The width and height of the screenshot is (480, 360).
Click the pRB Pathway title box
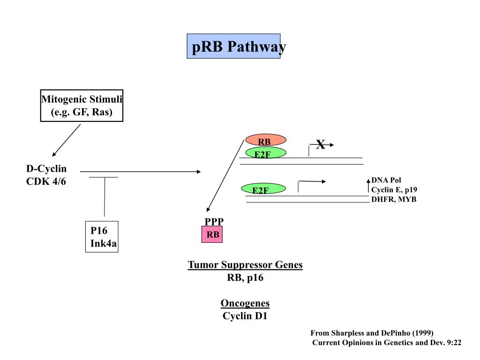pos(233,46)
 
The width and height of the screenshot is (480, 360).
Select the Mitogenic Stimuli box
pos(82,105)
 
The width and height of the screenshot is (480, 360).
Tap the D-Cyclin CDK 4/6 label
pos(46,175)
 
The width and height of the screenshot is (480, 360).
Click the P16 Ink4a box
pos(102,237)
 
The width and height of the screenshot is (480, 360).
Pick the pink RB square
pos(212,234)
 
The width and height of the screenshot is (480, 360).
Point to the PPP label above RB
pos(214,221)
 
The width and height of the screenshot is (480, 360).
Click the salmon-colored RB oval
pos(266,140)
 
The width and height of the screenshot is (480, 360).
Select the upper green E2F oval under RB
pos(266,152)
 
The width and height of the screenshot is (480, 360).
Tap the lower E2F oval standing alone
pos(263,188)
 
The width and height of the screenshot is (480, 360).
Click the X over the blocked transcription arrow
pos(321,144)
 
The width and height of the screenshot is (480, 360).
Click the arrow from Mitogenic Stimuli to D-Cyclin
pos(67,140)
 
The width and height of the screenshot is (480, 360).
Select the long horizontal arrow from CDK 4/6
pos(141,172)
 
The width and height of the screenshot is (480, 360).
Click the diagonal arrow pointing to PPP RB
pos(225,176)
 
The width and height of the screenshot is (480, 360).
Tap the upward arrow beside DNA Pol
pos(368,186)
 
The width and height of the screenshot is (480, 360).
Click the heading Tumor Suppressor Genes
pos(245,265)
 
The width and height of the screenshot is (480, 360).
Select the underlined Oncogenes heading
pos(245,303)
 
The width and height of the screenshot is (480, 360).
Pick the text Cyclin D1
pos(245,315)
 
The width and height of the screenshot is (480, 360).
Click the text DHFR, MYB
pos(394,199)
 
